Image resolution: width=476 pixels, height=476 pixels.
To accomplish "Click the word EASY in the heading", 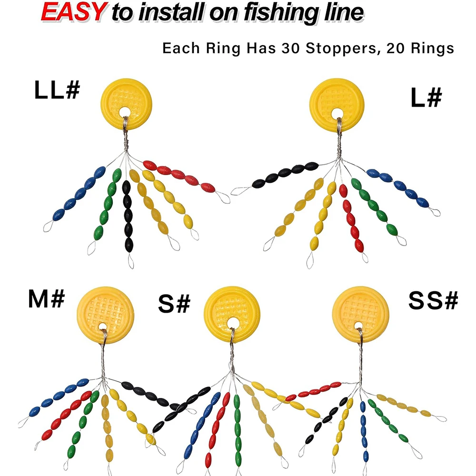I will pyautogui.click(x=72, y=12).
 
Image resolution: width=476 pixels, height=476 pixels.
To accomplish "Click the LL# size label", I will pyautogui.click(x=56, y=90).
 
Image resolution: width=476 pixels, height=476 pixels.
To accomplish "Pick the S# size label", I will pyautogui.click(x=174, y=305).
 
